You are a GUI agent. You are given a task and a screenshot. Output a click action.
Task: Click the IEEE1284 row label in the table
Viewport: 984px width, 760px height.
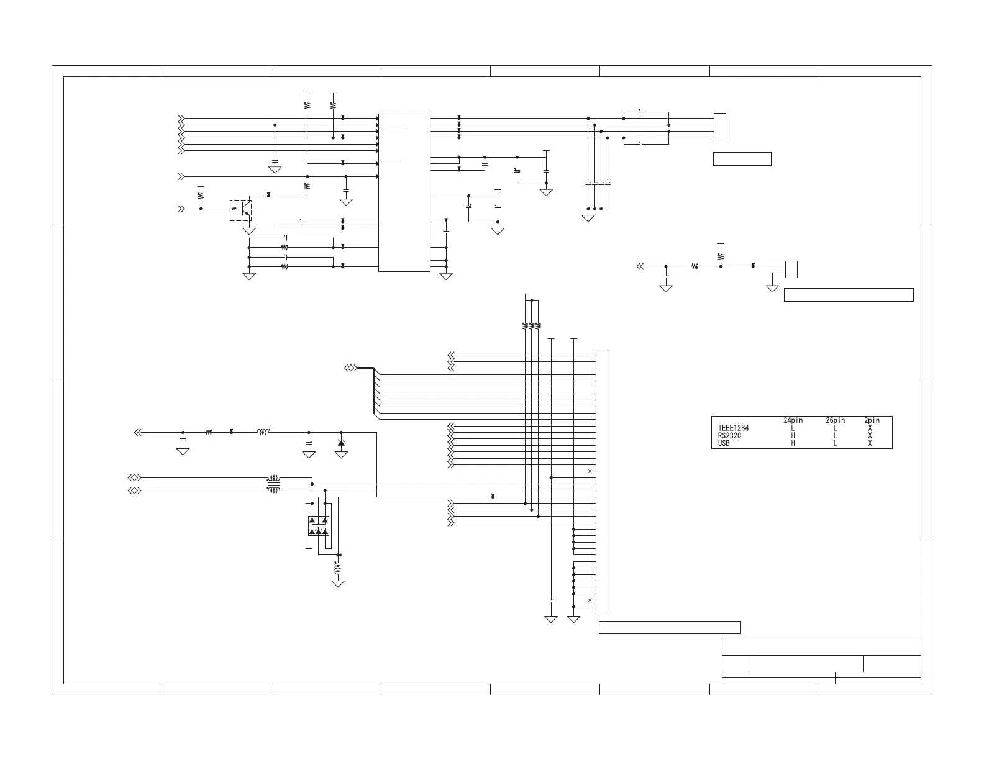pyautogui.click(x=734, y=428)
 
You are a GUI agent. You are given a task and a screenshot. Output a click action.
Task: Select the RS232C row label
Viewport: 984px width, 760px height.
pyautogui.click(x=729, y=436)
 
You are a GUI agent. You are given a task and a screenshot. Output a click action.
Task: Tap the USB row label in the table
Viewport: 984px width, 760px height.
pyautogui.click(x=724, y=443)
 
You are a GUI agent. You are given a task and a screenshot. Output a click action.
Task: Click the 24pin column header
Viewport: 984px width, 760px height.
pyautogui.click(x=793, y=420)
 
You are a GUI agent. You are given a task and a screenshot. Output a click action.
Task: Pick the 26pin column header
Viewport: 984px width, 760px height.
pyautogui.click(x=836, y=420)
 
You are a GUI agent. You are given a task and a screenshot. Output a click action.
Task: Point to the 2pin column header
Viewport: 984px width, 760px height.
pyautogui.click(x=872, y=420)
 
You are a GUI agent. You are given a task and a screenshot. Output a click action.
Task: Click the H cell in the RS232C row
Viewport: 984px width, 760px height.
pyautogui.click(x=793, y=436)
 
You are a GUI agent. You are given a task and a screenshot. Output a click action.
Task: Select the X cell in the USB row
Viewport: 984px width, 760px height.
pyautogui.click(x=870, y=443)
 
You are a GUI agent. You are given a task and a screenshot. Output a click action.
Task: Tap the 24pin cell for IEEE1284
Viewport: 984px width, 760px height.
pyautogui.click(x=793, y=428)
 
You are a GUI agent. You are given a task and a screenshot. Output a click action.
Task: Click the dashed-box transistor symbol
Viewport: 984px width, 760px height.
pyautogui.click(x=241, y=210)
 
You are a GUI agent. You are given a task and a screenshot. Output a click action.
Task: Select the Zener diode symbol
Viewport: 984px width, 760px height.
pyautogui.click(x=340, y=442)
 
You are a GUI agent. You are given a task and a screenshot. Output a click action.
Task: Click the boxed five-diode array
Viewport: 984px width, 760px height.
pyautogui.click(x=319, y=526)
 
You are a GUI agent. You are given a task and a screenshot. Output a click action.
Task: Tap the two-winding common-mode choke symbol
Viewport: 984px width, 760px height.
pyautogui.click(x=273, y=484)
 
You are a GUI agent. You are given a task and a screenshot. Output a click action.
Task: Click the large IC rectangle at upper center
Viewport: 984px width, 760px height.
pyautogui.click(x=404, y=192)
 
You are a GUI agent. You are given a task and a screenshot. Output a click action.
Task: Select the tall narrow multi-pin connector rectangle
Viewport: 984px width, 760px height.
pyautogui.click(x=601, y=480)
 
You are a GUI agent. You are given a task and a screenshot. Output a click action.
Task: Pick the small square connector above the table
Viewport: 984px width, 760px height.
pyautogui.click(x=791, y=269)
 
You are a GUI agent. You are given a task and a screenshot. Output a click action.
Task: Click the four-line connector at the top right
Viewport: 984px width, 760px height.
pyautogui.click(x=720, y=128)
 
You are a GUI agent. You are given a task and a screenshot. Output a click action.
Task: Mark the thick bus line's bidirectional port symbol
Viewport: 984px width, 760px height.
pyautogui.click(x=350, y=368)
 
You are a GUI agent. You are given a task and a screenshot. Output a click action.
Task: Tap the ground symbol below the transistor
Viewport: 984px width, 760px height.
pyautogui.click(x=249, y=231)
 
